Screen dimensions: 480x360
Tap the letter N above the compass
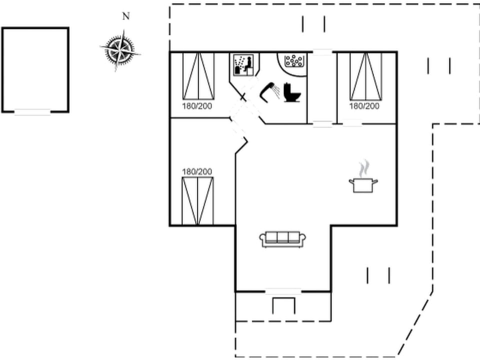[126, 16]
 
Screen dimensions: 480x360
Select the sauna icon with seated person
[243, 64]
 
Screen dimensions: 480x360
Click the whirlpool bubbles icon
[294, 60]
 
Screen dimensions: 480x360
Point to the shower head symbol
[269, 92]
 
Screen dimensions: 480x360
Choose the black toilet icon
[292, 92]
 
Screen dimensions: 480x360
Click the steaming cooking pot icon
[363, 185]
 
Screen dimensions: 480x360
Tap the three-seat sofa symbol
[283, 239]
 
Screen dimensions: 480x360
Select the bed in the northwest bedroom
[198, 76]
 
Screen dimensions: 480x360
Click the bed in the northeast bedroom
[366, 76]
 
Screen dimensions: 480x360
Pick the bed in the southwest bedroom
[197, 201]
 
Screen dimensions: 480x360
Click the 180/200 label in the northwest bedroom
[197, 106]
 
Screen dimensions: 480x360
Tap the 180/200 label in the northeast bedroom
[364, 106]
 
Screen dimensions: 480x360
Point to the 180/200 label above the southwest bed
[197, 171]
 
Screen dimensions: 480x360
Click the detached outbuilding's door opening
[32, 112]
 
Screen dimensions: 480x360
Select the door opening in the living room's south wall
[283, 291]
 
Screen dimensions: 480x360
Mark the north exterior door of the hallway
[322, 52]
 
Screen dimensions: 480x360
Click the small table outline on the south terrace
[284, 305]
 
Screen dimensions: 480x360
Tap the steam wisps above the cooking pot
[364, 168]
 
